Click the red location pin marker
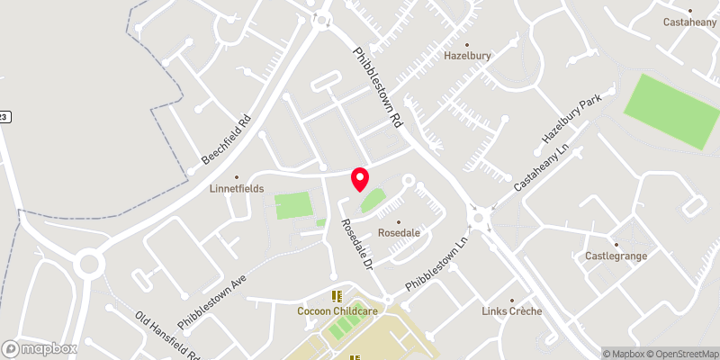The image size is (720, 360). (360, 179)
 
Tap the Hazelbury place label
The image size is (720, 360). (466, 55)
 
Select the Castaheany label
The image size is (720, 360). (689, 22)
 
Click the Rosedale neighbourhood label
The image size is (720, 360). (400, 232)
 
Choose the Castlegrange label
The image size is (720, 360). (616, 256)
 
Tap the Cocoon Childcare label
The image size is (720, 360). (337, 310)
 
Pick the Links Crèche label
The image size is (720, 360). (511, 311)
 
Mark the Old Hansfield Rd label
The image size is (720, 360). (167, 335)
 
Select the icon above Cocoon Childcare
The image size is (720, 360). (337, 296)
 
